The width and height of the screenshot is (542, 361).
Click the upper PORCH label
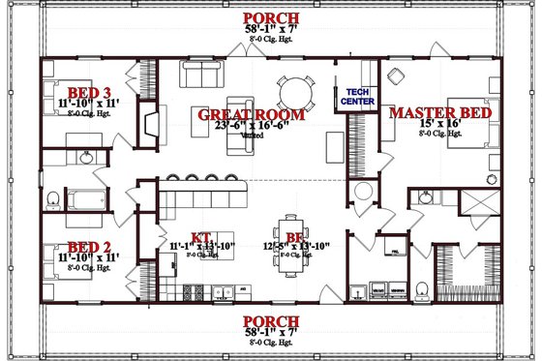(270, 18)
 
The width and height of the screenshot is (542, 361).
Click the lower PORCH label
(270, 321)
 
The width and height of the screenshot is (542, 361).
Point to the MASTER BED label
(440, 114)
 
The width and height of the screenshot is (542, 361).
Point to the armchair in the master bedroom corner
(395, 75)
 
